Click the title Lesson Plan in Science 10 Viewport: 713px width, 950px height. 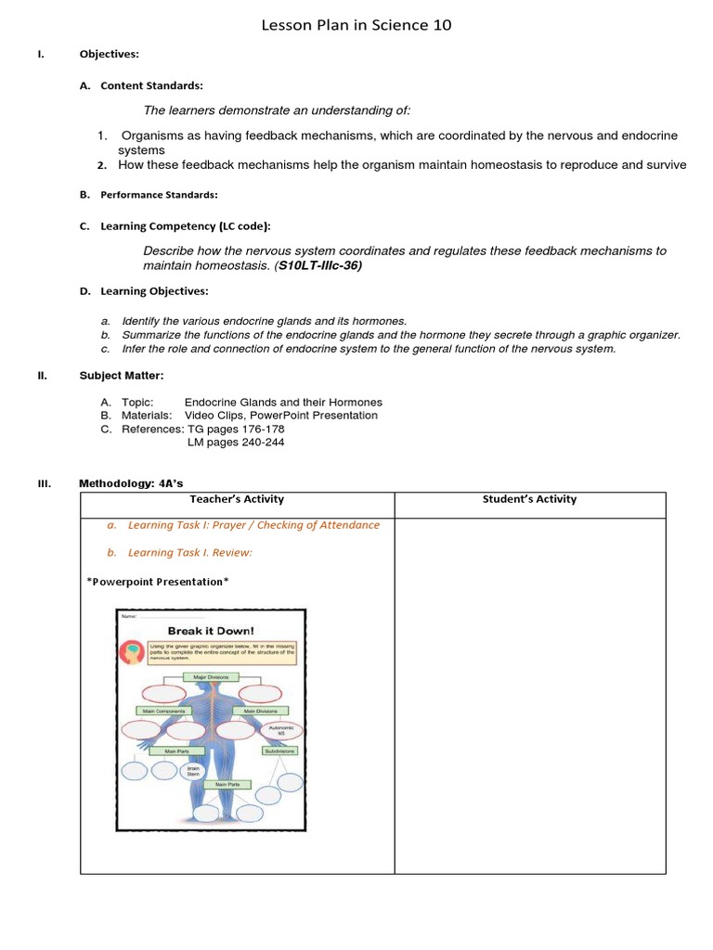pyautogui.click(x=357, y=25)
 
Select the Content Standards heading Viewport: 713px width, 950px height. pyautogui.click(x=151, y=85)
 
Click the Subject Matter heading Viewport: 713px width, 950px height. pyautogui.click(x=121, y=375)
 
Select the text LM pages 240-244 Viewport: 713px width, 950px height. pyautogui.click(x=236, y=443)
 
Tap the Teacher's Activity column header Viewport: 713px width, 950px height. pyautogui.click(x=237, y=500)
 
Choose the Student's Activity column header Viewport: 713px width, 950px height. pyautogui.click(x=529, y=500)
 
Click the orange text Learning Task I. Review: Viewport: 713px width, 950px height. pyautogui.click(x=189, y=553)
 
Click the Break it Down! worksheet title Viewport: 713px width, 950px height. pyautogui.click(x=211, y=631)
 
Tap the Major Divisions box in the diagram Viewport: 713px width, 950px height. pyautogui.click(x=211, y=678)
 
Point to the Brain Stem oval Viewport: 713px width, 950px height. pyautogui.click(x=193, y=771)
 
